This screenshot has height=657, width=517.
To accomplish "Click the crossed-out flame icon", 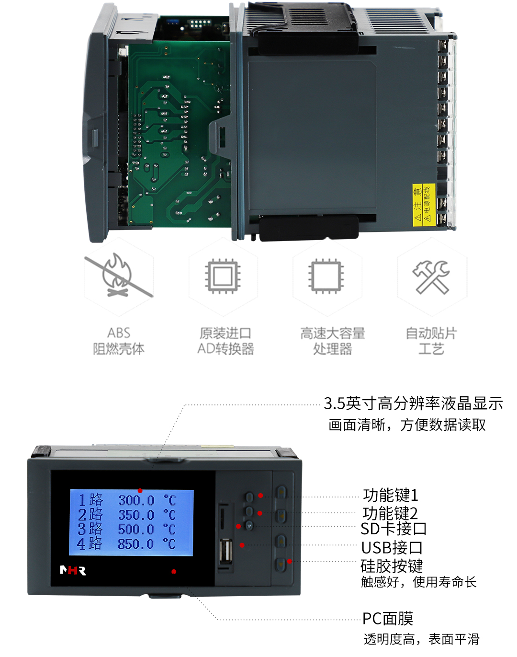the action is tap(119, 275).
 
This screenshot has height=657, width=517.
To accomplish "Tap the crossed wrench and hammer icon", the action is tap(431, 277).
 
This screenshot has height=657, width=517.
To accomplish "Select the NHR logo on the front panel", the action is tap(73, 570).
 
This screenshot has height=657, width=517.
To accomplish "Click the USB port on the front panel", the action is tap(226, 551).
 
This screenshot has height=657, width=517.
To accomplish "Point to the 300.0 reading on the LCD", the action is tap(136, 500).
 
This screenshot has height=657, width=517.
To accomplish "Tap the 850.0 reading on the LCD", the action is tap(136, 544).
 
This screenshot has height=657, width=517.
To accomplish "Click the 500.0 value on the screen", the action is tap(136, 529).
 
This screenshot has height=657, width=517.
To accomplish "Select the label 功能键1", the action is tap(391, 495).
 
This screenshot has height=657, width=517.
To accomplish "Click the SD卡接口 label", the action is tap(393, 529).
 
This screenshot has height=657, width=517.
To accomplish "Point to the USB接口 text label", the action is tap(392, 548).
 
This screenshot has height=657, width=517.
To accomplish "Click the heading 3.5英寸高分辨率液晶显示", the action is tap(413, 403).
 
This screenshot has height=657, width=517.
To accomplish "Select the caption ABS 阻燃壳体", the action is tap(119, 341).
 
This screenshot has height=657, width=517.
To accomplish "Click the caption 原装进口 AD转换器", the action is tap(225, 341).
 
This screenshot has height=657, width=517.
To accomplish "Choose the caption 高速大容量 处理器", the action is tap(333, 341).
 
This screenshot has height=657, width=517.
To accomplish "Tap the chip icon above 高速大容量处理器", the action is tap(326, 277).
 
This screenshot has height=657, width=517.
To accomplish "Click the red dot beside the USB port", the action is tap(242, 545).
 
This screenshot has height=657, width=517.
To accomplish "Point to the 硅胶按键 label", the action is tap(392, 566).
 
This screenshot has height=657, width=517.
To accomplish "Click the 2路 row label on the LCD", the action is tap(90, 515).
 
